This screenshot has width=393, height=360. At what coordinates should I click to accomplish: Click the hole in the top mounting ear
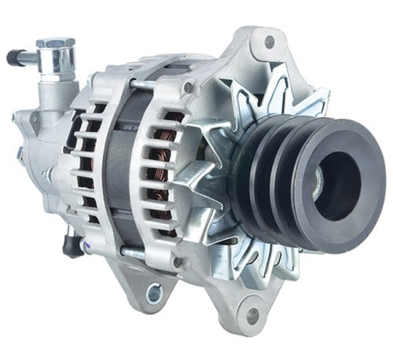click(x=270, y=41)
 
